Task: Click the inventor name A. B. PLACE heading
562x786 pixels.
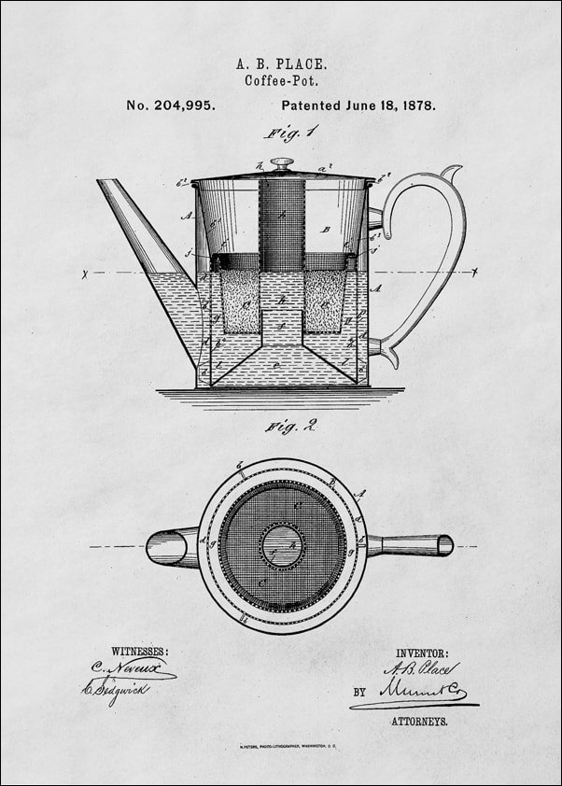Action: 281,63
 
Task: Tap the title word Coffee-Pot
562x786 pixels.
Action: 281,81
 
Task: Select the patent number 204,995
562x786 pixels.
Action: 171,105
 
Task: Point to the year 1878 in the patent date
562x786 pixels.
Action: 416,105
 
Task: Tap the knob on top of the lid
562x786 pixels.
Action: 282,164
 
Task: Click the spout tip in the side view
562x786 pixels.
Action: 107,184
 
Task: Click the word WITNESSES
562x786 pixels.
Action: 140,651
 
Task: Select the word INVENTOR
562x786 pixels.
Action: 422,653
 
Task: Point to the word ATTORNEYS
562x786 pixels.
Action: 419,722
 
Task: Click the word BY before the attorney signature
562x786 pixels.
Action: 359,694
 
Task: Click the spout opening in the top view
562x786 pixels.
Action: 161,547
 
